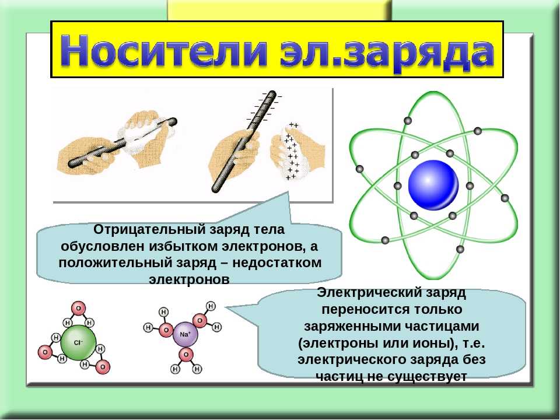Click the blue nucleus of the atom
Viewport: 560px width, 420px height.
433,185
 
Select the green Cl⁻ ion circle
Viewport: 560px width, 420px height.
78,343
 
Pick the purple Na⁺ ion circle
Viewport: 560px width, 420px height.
185,334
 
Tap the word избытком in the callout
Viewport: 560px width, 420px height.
183,246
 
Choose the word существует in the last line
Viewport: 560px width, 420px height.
427,376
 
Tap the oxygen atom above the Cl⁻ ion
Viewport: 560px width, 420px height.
79,307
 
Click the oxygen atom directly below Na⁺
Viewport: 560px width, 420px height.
185,355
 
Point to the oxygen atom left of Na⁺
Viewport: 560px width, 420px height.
166,330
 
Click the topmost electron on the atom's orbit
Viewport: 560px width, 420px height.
408,121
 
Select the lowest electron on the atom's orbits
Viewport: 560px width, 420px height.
460,249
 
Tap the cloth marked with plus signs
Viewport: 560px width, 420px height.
293,152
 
